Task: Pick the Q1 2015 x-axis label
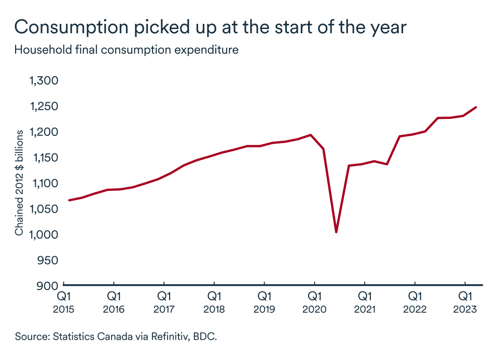point(63,302)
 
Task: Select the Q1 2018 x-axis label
point(214,302)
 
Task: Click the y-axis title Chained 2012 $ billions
point(19,184)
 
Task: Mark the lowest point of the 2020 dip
point(337,232)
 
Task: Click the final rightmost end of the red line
point(476,107)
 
